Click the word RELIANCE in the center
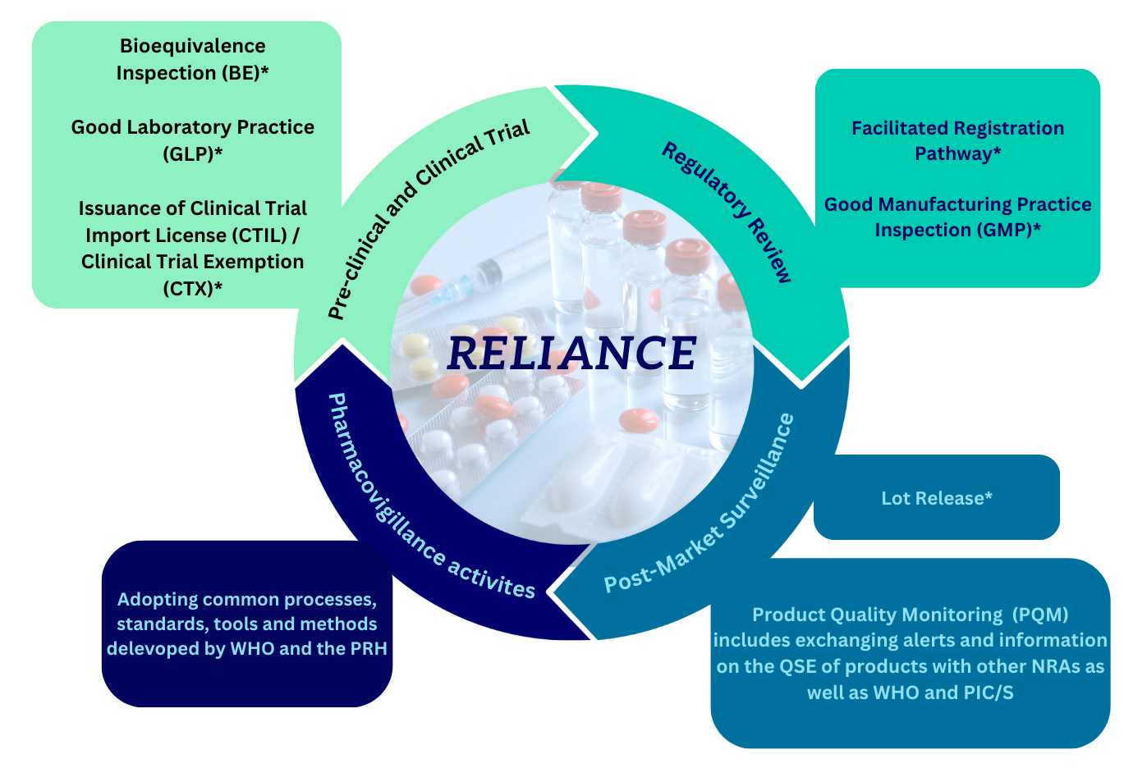tap(571, 353)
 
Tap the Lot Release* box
tap(936, 498)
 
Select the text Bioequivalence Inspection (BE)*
tap(192, 59)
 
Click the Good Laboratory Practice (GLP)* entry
tap(192, 139)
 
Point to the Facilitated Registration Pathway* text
tap(957, 140)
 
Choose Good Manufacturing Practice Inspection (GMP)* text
tap(957, 217)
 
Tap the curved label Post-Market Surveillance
tap(702, 509)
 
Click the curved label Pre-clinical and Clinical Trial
tap(427, 217)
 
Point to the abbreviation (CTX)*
tap(192, 288)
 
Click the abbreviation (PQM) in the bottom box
tap(1039, 615)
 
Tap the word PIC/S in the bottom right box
tap(989, 693)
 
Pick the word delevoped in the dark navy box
tap(145, 648)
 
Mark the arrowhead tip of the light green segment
tap(594, 133)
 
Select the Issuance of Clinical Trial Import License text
tap(192, 222)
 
